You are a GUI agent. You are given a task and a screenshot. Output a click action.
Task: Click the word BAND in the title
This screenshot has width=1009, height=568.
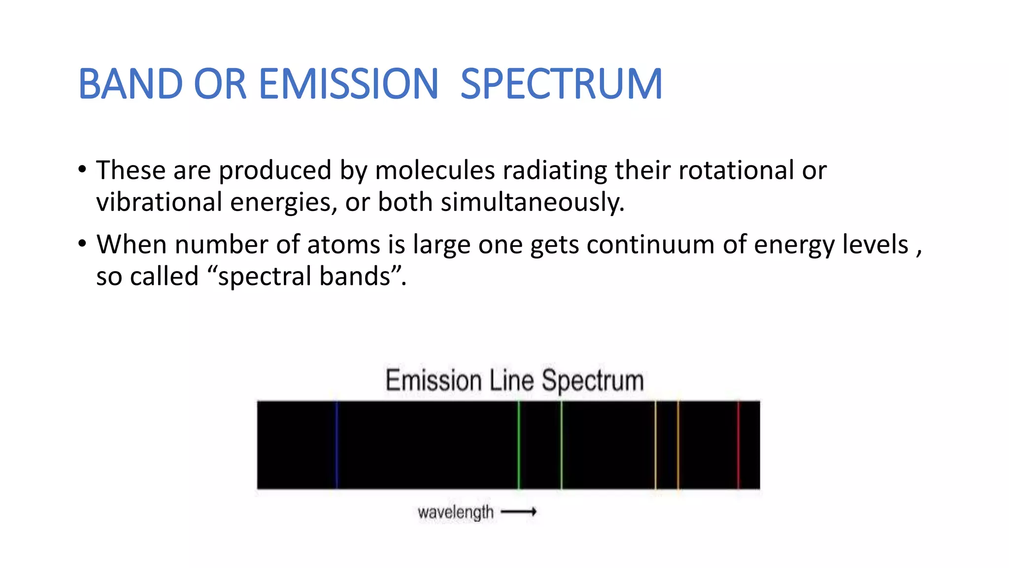click(131, 84)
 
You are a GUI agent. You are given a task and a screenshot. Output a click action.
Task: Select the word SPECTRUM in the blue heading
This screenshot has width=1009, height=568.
click(561, 84)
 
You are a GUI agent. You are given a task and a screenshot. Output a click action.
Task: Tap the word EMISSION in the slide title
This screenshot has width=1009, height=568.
click(348, 84)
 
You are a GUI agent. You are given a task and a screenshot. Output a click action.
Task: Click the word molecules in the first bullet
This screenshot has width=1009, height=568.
click(435, 171)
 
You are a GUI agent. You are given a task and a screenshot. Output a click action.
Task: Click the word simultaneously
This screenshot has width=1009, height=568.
click(532, 203)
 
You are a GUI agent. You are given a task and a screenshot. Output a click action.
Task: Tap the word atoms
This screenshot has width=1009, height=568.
click(343, 245)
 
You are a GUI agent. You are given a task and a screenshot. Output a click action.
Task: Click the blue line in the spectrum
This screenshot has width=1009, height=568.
click(337, 445)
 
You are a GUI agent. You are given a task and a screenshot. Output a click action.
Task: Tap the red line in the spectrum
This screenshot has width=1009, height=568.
click(738, 445)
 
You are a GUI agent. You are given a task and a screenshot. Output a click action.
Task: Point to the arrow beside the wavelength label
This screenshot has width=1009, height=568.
click(518, 512)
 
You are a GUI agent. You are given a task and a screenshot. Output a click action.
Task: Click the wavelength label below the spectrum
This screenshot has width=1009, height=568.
click(455, 512)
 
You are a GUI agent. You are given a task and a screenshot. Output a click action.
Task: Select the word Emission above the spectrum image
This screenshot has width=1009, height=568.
click(434, 381)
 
